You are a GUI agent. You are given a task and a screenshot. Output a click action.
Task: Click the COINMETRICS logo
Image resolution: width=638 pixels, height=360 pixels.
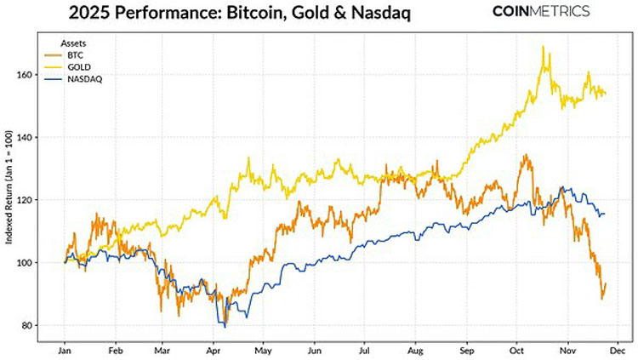[x=542, y=12]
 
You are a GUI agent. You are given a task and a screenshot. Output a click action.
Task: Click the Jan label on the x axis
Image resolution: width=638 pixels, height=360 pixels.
[x=65, y=349]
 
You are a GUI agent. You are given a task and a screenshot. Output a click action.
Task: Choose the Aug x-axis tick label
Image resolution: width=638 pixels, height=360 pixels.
[x=415, y=349]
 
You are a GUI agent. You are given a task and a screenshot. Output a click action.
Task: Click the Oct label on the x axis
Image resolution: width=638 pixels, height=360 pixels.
[x=516, y=349]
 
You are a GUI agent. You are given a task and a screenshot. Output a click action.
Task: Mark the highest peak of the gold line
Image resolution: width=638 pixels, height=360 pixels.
[x=543, y=47]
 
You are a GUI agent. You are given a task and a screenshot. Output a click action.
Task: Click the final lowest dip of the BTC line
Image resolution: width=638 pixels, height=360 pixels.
[x=601, y=299]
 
